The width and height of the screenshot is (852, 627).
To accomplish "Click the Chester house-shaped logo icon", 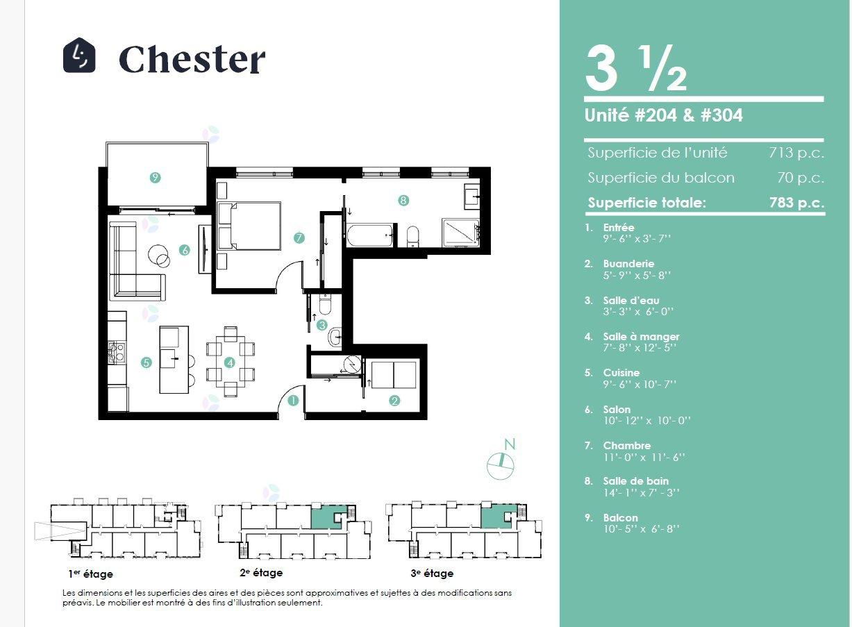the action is pyautogui.click(x=79, y=55).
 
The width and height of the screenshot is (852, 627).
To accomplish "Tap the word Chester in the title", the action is pyautogui.click(x=192, y=59).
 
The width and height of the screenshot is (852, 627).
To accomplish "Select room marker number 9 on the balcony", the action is pyautogui.click(x=155, y=177).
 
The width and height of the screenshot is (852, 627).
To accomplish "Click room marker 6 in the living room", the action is pyautogui.click(x=185, y=250).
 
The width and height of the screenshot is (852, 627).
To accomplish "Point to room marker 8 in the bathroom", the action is pyautogui.click(x=403, y=200).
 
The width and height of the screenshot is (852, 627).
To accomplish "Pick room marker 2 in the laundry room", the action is pyautogui.click(x=394, y=401).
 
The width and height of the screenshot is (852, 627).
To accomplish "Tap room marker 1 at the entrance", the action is pyautogui.click(x=293, y=401).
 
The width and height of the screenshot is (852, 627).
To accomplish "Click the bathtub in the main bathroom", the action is pyautogui.click(x=369, y=236).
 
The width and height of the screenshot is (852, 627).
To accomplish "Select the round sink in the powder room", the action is pyautogui.click(x=335, y=337).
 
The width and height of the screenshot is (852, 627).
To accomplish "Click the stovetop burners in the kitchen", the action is pyautogui.click(x=117, y=352).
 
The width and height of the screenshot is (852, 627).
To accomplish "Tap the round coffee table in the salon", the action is pyautogui.click(x=159, y=256).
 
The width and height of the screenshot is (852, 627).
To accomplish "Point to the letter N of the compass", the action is pyautogui.click(x=509, y=444).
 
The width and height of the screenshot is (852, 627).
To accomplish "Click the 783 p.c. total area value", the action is pyautogui.click(x=797, y=202).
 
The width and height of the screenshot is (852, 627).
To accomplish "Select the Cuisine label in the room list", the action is pyautogui.click(x=621, y=373).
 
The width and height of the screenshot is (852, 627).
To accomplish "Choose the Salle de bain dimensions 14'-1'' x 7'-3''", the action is pyautogui.click(x=642, y=493).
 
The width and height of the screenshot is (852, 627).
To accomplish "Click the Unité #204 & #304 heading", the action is pyautogui.click(x=663, y=115).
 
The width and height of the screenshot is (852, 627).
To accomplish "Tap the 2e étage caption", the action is pyautogui.click(x=261, y=573).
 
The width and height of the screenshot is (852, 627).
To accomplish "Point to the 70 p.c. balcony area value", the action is pyautogui.click(x=801, y=178).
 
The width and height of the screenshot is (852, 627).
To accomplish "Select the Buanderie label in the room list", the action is pyautogui.click(x=628, y=263).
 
